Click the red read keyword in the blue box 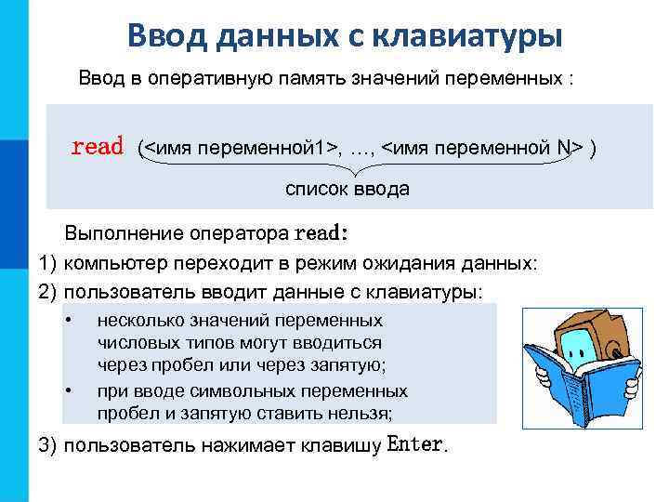point(98,147)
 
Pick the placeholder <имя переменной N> point(483,148)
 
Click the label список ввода point(347,190)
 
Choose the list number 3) point(48,444)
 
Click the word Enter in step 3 point(415,443)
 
